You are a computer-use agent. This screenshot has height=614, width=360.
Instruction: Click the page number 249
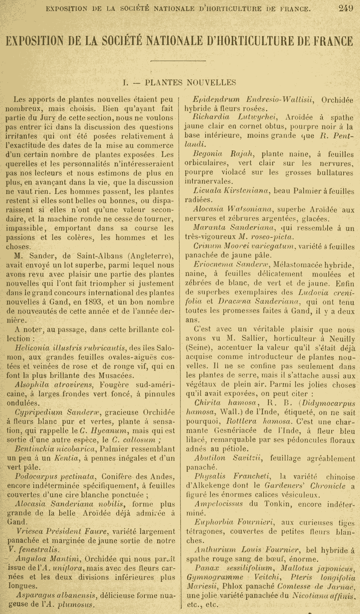click(x=346, y=8)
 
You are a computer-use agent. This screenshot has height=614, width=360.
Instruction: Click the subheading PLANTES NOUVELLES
click(x=190, y=82)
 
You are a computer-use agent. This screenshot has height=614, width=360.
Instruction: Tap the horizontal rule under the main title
click(x=180, y=61)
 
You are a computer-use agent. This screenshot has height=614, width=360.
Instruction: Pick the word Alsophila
click(x=31, y=385)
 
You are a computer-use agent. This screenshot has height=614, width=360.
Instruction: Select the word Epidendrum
click(x=216, y=100)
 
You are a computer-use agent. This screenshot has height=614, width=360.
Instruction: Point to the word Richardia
click(x=210, y=117)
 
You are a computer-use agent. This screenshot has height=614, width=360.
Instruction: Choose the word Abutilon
click(x=210, y=458)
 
